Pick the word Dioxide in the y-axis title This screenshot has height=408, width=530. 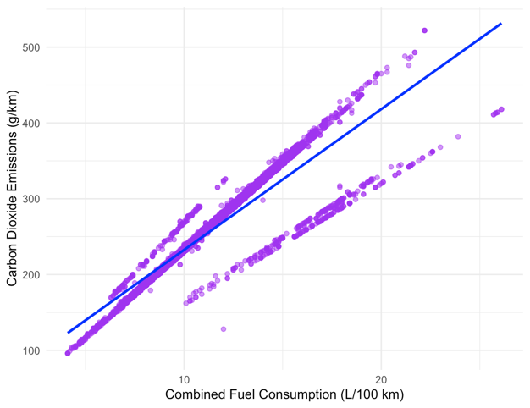[14, 213]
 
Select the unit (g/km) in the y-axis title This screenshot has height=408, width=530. [14, 106]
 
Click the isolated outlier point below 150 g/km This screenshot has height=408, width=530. [224, 328]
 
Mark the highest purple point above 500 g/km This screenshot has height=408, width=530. [424, 30]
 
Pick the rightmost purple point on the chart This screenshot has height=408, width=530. [501, 109]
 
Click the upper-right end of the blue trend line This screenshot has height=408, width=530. [501, 24]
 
